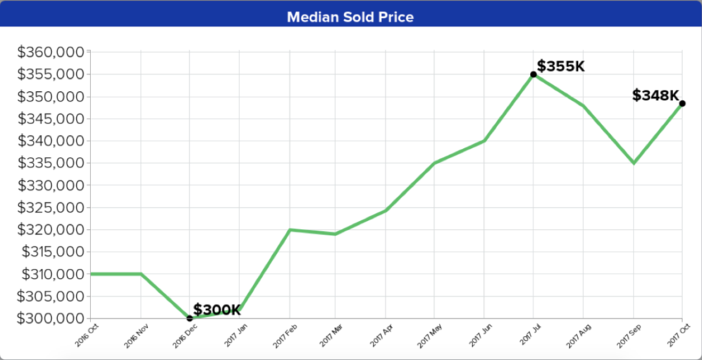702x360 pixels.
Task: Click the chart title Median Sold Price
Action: (350, 16)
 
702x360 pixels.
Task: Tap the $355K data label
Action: (560, 67)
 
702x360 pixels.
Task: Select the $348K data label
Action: (655, 95)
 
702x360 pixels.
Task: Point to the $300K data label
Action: (217, 310)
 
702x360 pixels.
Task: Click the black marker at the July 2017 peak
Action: (533, 74)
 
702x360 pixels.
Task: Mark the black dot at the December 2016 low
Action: (190, 318)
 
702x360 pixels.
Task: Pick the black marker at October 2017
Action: (682, 104)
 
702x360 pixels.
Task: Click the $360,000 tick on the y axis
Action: (51, 52)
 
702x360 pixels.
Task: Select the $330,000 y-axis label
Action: (51, 185)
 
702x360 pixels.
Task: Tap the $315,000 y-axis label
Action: (51, 252)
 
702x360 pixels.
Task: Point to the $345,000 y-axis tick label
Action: (51, 119)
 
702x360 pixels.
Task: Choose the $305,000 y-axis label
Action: (51, 296)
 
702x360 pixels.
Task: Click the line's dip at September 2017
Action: (633, 163)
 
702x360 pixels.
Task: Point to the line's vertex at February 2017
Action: (289, 230)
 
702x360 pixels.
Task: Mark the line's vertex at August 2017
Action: (583, 106)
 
